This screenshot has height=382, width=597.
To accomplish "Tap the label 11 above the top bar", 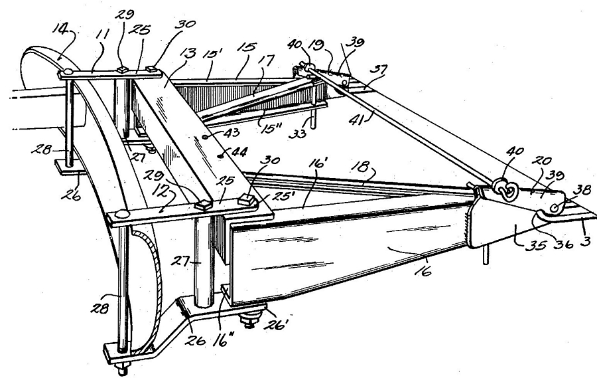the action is coord(101,35).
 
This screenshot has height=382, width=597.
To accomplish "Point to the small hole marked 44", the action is coord(220,155).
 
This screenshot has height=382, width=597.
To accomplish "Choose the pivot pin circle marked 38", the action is coord(555,208).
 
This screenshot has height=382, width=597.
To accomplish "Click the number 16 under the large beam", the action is coord(424,271).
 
